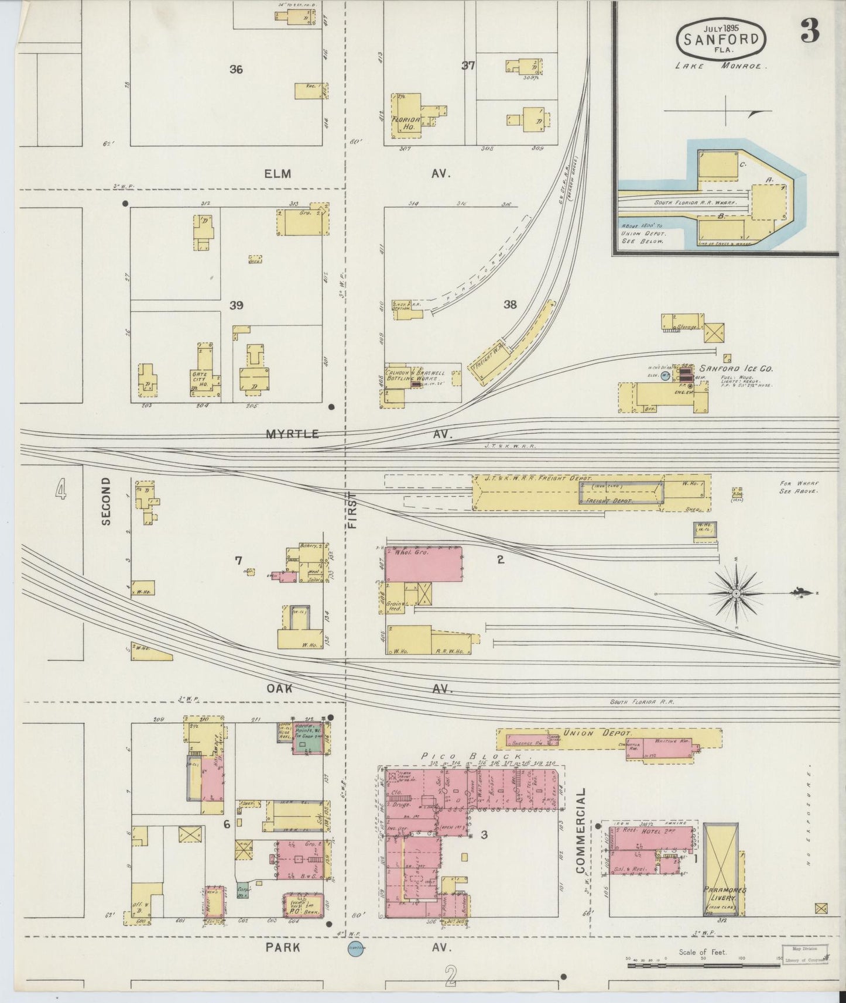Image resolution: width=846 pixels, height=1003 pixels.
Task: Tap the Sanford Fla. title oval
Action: pyautogui.click(x=721, y=39)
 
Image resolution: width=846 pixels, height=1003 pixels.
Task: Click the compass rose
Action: pyautogui.click(x=735, y=593)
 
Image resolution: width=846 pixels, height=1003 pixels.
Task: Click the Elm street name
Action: pyautogui.click(x=278, y=173)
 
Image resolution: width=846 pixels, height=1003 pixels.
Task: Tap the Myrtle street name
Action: pyautogui.click(x=292, y=434)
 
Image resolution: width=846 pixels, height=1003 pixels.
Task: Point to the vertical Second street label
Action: pyautogui.click(x=106, y=500)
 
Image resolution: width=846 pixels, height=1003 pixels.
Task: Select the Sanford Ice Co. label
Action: pyautogui.click(x=737, y=369)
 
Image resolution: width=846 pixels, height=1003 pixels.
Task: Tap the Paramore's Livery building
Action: pyautogui.click(x=720, y=878)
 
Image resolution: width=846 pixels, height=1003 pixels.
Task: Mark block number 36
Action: pyautogui.click(x=236, y=70)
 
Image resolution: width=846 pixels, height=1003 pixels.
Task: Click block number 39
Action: pyautogui.click(x=236, y=305)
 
